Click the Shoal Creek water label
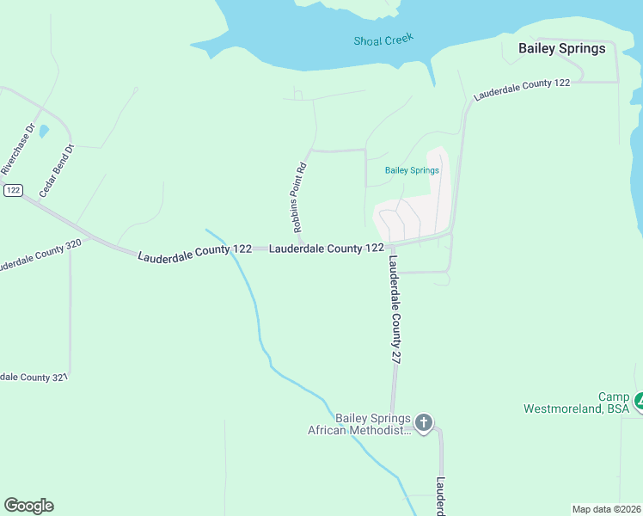[x=383, y=40]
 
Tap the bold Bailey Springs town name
[x=561, y=49]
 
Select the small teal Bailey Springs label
[x=412, y=170]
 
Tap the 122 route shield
[x=12, y=190]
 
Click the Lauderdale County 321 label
[x=33, y=378]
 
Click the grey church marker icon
[x=423, y=422]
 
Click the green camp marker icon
[x=638, y=401]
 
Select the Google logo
[x=28, y=506]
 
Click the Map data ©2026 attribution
[x=606, y=509]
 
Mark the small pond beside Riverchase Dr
[x=44, y=132]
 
